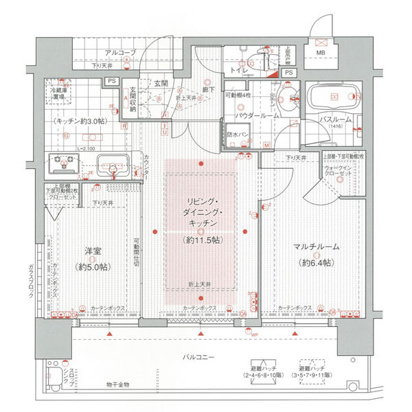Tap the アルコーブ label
120,53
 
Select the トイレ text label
239,70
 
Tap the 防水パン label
238,135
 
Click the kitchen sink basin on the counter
111,165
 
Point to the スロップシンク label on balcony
67,377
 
